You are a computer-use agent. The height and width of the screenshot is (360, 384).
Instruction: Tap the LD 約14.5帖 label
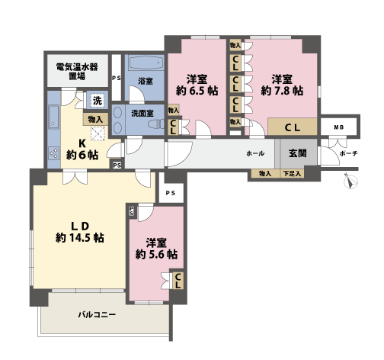(78, 230)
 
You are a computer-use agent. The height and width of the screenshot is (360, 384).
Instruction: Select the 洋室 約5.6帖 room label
(156, 248)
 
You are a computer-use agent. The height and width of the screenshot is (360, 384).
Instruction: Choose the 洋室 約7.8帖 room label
(282, 84)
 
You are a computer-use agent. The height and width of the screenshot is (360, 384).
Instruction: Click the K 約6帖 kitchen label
(82, 149)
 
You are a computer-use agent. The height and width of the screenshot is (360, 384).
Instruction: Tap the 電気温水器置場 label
(76, 71)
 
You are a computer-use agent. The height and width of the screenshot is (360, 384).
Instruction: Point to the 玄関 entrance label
(296, 153)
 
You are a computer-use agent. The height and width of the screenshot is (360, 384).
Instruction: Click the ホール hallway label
(256, 153)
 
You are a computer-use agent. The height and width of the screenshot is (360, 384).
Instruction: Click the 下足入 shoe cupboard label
(290, 174)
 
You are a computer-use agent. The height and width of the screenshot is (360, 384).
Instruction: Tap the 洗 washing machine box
(97, 99)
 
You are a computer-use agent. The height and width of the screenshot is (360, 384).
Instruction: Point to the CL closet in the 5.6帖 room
(177, 281)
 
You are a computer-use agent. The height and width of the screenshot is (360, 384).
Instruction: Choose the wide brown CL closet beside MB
(292, 127)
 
